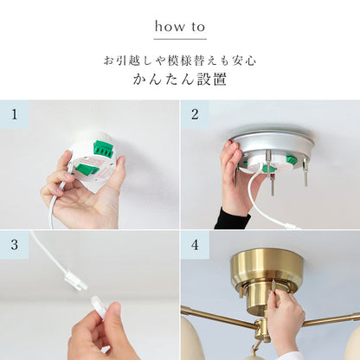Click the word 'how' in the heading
170,27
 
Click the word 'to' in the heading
198,27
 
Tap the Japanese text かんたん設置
180,80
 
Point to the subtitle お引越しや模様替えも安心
180,61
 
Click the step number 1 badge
15,114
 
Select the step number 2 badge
195,114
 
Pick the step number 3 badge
15,245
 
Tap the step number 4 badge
195,245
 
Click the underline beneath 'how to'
180,39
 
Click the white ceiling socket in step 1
93,162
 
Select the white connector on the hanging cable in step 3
74,280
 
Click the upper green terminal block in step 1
104,148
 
